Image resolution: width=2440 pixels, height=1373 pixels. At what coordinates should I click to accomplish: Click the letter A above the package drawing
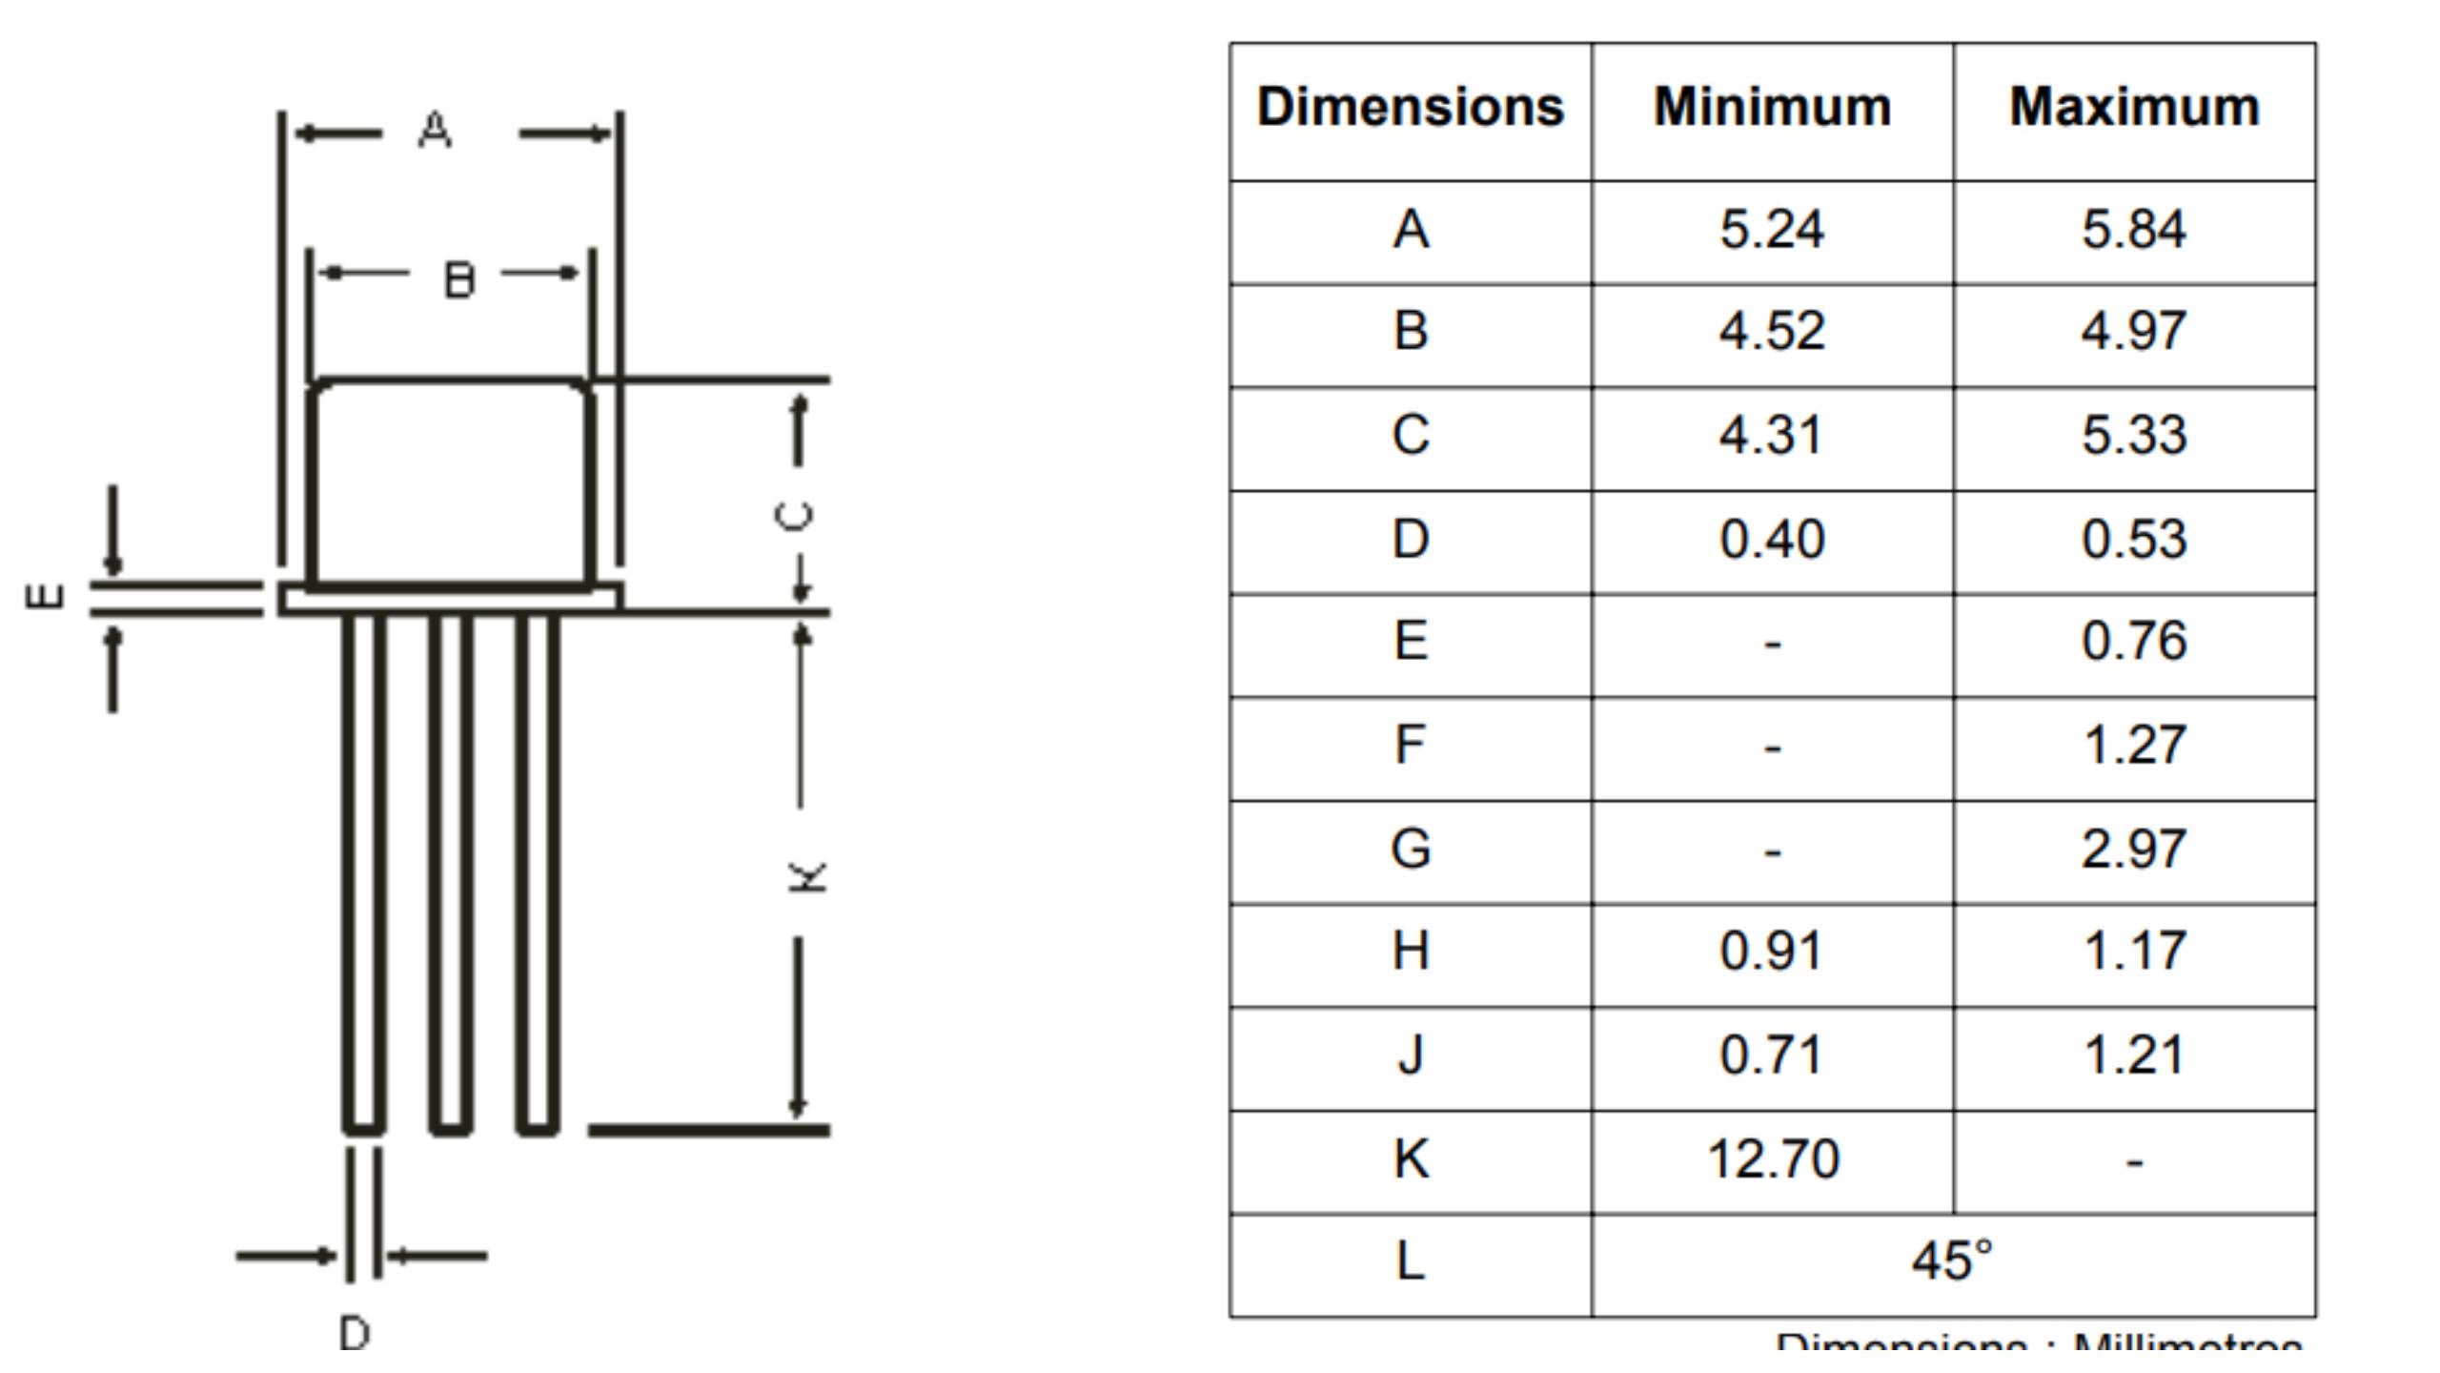coord(435,130)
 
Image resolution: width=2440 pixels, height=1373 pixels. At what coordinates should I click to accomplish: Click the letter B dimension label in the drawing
coord(459,280)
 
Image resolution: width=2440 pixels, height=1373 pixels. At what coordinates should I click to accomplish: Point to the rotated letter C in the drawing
coord(795,516)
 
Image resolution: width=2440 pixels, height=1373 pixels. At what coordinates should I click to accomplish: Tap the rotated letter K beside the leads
coord(807,876)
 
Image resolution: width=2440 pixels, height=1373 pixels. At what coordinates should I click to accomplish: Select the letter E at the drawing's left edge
coord(44,597)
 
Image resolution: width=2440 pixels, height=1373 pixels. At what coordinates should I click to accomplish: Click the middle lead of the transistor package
coord(451,872)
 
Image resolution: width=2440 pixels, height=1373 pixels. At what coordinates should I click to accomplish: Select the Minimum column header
coord(1772,107)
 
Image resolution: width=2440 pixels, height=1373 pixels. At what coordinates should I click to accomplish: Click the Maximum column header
coord(2134,107)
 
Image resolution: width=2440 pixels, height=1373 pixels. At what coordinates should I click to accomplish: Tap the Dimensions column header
coord(1410,107)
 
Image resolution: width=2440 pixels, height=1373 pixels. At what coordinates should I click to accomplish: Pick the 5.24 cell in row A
coord(1772,230)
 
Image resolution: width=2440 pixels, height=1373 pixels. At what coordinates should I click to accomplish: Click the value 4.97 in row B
coord(2134,332)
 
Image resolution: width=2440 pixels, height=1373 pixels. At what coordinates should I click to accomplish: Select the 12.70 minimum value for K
coord(1772,1159)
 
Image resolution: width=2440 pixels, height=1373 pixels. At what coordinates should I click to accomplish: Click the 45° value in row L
coord(1952,1260)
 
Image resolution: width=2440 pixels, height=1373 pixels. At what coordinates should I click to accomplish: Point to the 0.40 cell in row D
coord(1772,540)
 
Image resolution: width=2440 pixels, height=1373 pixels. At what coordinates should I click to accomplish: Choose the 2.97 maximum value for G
coord(2134,849)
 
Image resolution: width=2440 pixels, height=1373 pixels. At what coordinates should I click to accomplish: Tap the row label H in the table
coord(1411,952)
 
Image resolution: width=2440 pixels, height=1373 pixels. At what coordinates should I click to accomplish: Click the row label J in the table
coord(1411,1055)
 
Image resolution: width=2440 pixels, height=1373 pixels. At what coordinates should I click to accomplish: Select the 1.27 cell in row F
coord(2134,746)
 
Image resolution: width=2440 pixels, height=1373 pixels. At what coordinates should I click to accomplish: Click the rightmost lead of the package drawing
coord(538,872)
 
